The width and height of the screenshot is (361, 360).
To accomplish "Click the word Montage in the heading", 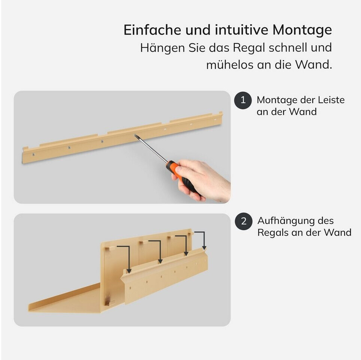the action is pyautogui.click(x=302, y=30).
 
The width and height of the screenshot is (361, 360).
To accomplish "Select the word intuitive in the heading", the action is pyautogui.click(x=241, y=30).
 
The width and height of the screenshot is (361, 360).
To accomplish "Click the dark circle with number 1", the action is pyautogui.click(x=243, y=100).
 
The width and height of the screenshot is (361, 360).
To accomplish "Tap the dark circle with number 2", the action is pyautogui.click(x=244, y=221).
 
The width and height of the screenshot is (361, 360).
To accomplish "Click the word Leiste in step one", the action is pyautogui.click(x=331, y=100).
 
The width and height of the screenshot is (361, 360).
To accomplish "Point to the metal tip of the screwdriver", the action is pyautogui.click(x=136, y=136).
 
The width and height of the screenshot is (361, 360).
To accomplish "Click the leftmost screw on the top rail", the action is pyautogui.click(x=33, y=154).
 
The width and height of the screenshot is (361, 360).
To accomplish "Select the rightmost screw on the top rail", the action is pyautogui.click(x=215, y=120).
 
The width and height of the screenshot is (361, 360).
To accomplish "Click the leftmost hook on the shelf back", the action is pyautogui.click(x=110, y=248).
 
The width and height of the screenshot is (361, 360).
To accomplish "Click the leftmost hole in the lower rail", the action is pyautogui.click(x=130, y=288).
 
